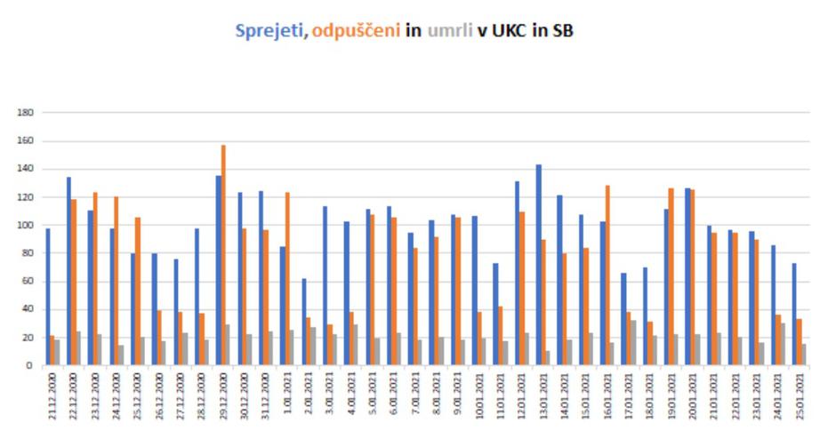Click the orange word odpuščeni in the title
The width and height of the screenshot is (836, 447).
coord(356,31)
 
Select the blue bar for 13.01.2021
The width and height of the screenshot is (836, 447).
coord(539,265)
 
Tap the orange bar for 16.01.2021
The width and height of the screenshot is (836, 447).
coord(608,275)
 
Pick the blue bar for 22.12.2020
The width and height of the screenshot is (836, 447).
coord(68,271)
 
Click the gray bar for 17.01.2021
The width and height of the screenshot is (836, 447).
coord(632,343)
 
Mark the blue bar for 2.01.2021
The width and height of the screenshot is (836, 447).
coord(303,322)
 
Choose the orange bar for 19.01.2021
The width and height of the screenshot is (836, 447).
coord(672,276)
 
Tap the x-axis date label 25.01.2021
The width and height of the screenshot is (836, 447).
coord(800,400)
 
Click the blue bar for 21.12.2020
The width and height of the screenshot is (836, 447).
coord(47,297)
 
